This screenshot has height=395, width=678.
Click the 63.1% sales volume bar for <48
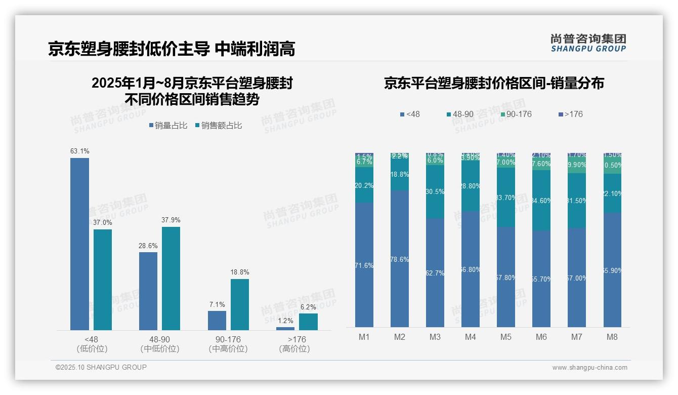click(79, 244)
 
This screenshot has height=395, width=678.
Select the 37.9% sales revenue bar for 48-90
click(171, 278)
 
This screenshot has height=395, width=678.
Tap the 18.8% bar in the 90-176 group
click(240, 304)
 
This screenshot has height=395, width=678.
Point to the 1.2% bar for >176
click(285, 328)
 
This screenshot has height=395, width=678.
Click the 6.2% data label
click(308, 307)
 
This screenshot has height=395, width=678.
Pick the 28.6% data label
click(148, 246)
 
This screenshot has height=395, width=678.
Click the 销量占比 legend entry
click(168, 125)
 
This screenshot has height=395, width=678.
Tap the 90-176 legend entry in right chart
click(516, 114)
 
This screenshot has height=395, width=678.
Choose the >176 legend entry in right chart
click(570, 114)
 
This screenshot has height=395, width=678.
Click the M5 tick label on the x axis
click(506, 337)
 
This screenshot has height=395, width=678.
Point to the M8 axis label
click(612, 337)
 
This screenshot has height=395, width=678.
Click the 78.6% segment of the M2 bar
click(400, 259)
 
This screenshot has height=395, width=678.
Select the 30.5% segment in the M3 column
click(435, 191)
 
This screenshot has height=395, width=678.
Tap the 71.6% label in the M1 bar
click(364, 265)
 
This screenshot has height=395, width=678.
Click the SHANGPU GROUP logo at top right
click(588, 43)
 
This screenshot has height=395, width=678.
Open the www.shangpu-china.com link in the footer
click(589, 368)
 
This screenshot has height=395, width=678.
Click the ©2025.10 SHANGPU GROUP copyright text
click(101, 367)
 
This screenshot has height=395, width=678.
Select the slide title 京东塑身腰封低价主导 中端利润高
click(172, 49)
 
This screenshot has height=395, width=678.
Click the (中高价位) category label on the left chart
click(228, 349)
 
